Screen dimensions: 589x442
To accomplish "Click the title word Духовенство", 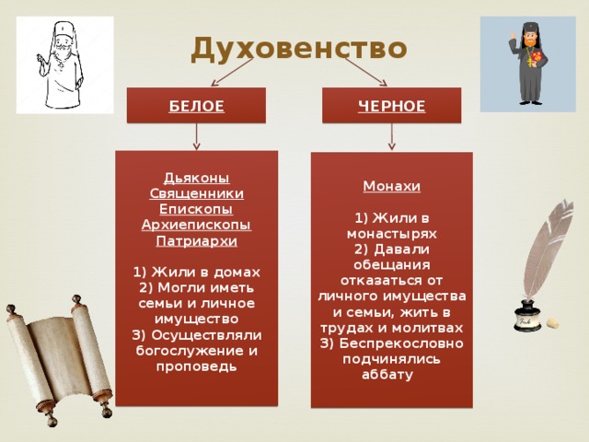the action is tap(299, 49).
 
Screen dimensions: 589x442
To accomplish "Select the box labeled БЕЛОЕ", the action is tap(196, 106).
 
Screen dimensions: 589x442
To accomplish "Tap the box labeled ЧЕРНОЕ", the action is tap(392, 106).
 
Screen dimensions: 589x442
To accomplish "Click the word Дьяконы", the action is tap(197, 178).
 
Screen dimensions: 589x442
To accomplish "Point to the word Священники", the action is tap(197, 193).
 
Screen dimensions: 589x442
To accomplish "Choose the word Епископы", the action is tap(196, 209).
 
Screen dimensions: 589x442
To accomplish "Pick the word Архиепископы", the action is tap(196, 225).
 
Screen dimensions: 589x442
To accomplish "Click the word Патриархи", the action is tap(197, 240).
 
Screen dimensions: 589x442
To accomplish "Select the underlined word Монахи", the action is tap(392, 186).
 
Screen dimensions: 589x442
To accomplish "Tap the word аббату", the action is tap(387, 375).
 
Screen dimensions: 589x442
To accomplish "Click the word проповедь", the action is tap(196, 366).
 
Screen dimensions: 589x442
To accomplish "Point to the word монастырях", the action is tap(392, 234).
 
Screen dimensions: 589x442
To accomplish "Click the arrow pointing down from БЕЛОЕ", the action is tap(196, 137).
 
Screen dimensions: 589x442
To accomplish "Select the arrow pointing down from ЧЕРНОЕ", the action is tap(392, 137).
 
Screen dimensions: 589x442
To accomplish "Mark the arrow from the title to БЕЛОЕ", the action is tap(232, 73).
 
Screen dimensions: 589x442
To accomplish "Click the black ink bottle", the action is tap(526, 316).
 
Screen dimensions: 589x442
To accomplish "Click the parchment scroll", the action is tap(59, 360).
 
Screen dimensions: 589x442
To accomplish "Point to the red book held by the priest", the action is tap(537, 57).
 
